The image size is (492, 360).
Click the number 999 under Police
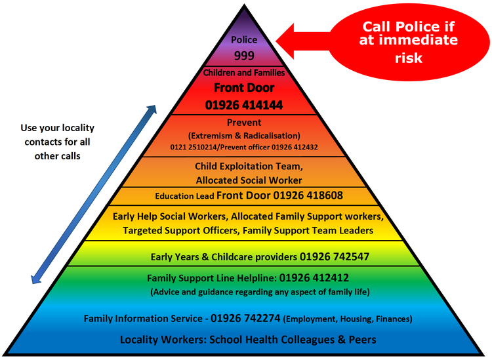(244, 55)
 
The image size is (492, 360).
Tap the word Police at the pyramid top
(244, 40)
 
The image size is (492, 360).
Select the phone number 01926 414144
(243, 104)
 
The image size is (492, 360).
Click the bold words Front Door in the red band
(243, 87)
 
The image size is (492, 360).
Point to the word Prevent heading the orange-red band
(243, 123)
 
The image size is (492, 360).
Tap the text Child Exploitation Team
(249, 167)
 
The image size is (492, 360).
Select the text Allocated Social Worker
(249, 180)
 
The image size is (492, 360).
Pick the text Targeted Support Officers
(173, 230)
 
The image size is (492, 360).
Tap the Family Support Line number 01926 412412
(311, 277)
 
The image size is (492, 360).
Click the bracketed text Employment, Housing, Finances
(349, 319)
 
